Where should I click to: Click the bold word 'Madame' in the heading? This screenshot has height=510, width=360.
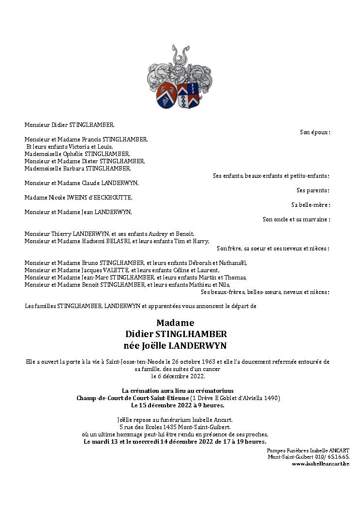tap(175, 323)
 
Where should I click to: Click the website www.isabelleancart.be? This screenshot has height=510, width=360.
tap(320, 464)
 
